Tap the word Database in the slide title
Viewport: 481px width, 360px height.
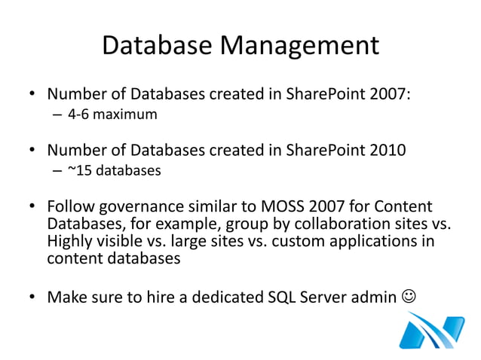[158, 47]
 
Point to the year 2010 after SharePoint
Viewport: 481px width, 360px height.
[389, 150]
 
